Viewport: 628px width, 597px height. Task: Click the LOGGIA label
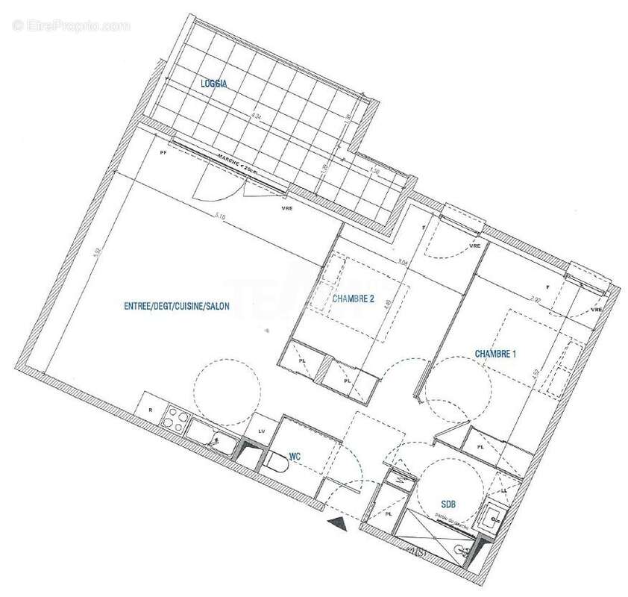[x=213, y=84]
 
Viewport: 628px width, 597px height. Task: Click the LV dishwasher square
[x=262, y=431]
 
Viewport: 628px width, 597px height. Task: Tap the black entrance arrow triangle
[x=338, y=525]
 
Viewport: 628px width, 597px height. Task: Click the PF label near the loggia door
[x=163, y=151]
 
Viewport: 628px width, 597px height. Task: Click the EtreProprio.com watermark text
[x=71, y=25]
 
